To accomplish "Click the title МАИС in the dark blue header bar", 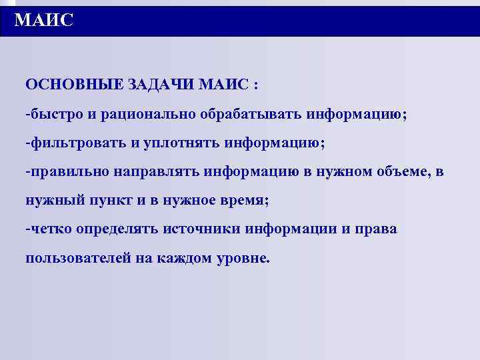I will [x=43, y=21].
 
